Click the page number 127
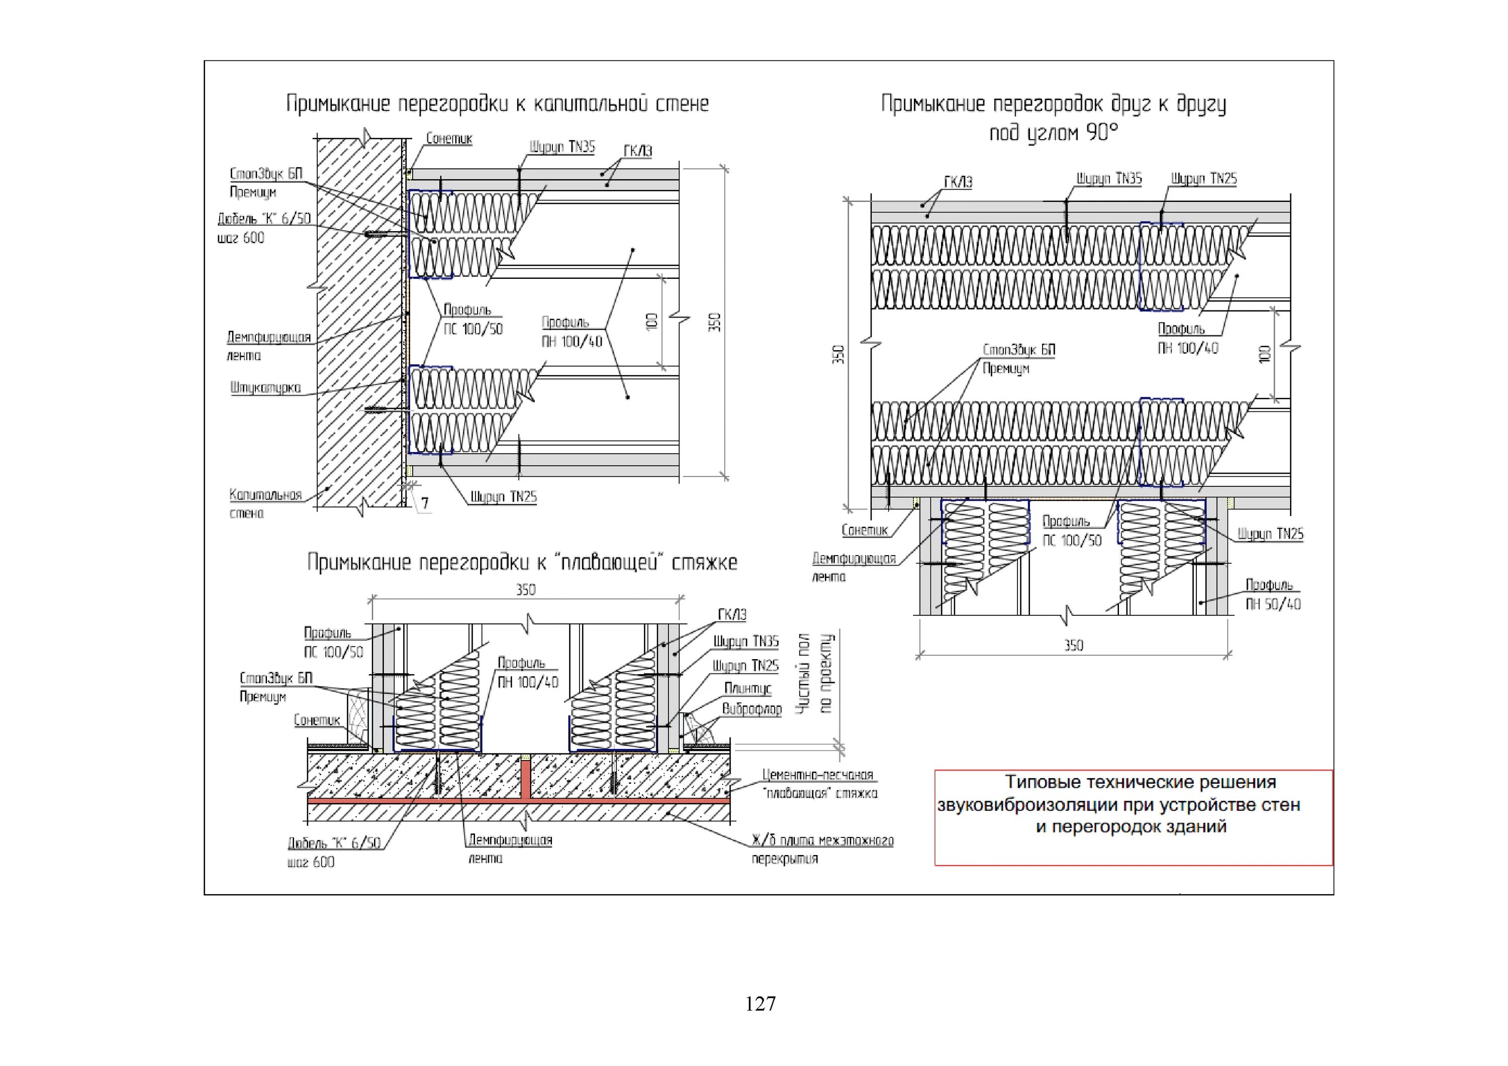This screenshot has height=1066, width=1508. point(760,1004)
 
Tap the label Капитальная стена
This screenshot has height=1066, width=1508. point(265,503)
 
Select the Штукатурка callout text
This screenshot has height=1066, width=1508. point(265,387)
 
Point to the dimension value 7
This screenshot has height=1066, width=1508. point(425,503)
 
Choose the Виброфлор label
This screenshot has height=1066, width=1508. point(751,709)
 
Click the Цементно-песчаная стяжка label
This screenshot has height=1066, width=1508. point(819,784)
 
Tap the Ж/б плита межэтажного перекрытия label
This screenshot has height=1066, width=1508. point(822,849)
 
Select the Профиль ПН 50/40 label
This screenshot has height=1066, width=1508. point(1273,594)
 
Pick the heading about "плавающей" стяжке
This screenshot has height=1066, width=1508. point(522,563)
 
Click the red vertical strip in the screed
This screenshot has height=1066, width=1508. point(525,780)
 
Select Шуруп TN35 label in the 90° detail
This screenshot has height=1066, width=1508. point(1109,178)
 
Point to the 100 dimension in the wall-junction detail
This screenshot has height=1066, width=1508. point(651,321)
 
